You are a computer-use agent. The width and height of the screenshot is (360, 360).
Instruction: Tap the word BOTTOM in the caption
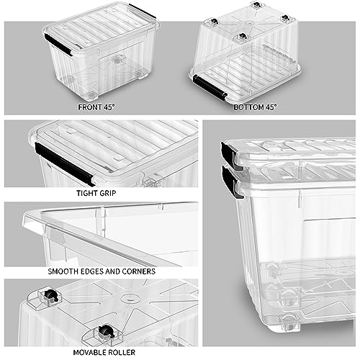(x=244, y=107)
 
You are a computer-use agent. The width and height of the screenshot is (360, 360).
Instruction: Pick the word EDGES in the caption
(x=98, y=272)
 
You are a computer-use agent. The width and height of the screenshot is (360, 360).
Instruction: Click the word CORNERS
(x=138, y=272)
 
